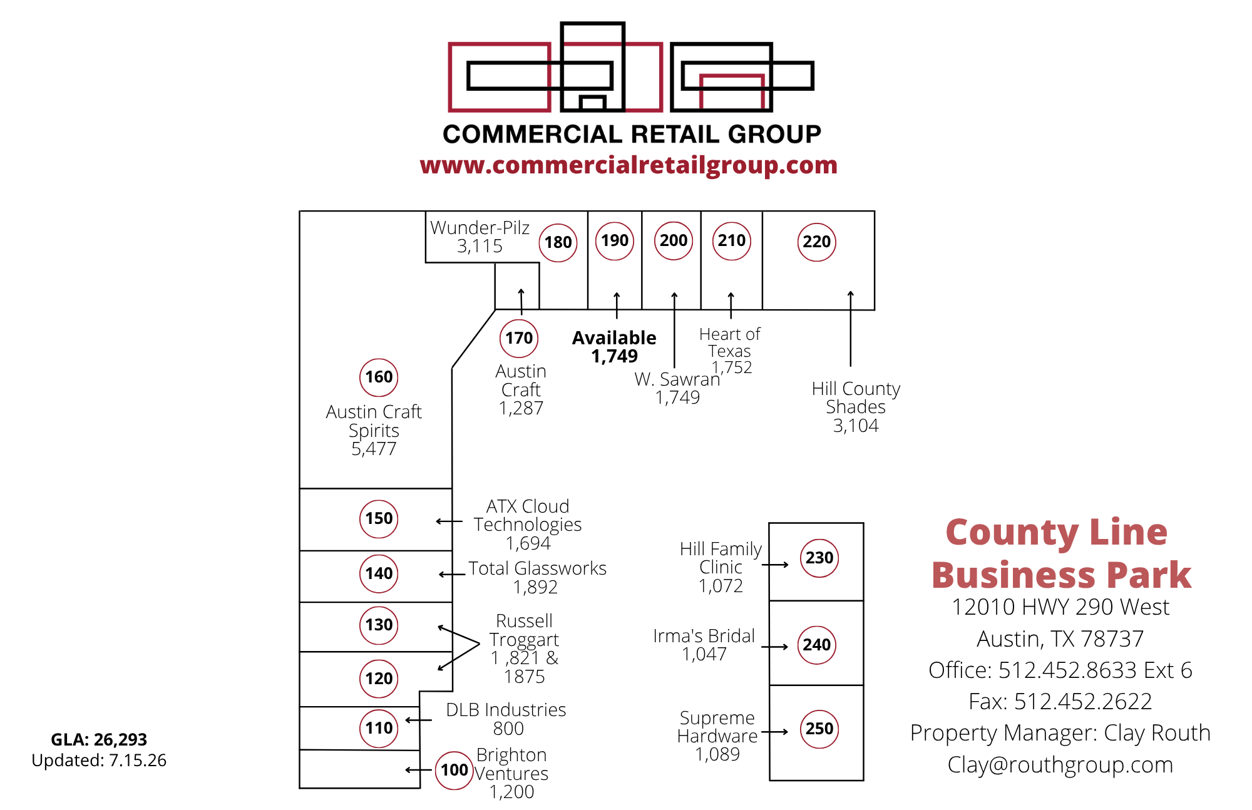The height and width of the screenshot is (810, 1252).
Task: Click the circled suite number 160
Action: click(379, 377)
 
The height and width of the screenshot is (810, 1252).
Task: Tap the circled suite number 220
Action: click(817, 242)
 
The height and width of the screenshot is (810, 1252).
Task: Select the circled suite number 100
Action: click(454, 770)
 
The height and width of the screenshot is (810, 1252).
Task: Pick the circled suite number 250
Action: click(819, 729)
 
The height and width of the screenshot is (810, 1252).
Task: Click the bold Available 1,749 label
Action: click(614, 347)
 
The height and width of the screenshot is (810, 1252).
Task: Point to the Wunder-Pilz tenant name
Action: click(480, 227)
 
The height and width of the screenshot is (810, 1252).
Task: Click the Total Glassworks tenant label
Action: click(538, 568)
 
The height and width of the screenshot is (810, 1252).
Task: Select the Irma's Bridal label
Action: click(704, 636)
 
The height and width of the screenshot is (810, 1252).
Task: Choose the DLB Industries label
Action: click(506, 710)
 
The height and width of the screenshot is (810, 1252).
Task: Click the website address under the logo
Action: click(629, 165)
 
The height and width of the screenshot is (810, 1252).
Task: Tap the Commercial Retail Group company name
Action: click(632, 134)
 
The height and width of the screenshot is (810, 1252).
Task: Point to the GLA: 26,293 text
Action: click(99, 740)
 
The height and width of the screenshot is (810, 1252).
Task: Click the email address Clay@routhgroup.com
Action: click(1060, 765)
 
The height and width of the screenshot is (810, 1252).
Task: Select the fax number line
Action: click(1060, 702)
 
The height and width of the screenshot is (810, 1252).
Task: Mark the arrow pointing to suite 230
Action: click(775, 565)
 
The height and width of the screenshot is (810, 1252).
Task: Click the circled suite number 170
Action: click(519, 338)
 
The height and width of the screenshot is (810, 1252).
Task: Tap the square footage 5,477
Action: click(374, 449)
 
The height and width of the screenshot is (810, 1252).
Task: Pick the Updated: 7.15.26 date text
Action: click(99, 761)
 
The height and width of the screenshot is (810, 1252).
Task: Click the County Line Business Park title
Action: click(1061, 553)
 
